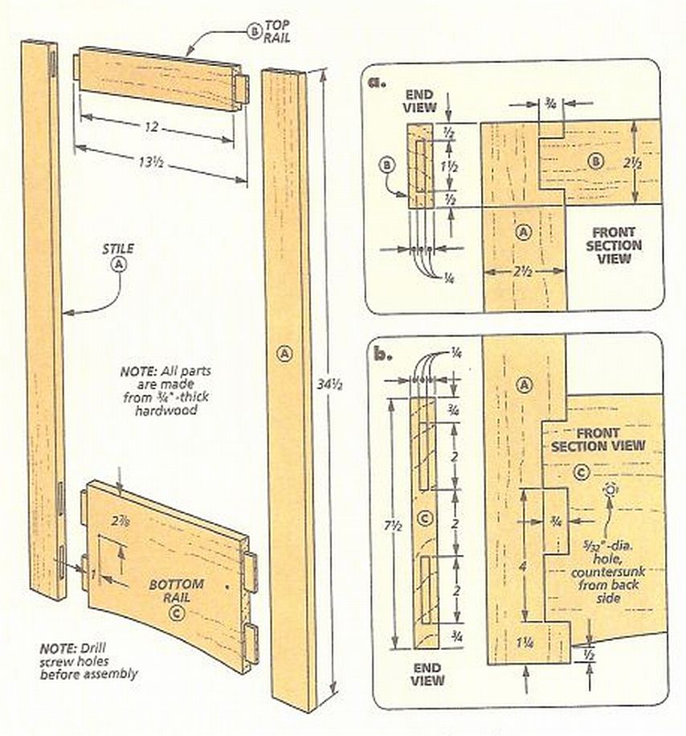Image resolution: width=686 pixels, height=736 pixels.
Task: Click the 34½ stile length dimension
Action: [x=330, y=384]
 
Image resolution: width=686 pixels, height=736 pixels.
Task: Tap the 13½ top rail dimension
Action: [x=150, y=162]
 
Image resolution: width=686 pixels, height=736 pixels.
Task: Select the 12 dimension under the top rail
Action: [x=150, y=127]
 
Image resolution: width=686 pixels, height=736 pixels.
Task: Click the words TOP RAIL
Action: [x=276, y=31]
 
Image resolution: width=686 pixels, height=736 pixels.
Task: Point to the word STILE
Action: [x=118, y=249]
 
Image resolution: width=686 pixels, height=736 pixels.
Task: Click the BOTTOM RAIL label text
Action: [x=176, y=591]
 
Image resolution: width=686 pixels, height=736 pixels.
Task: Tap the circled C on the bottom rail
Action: [x=177, y=614]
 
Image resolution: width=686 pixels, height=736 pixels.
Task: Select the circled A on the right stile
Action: [x=284, y=353]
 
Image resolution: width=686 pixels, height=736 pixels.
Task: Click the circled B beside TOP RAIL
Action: [x=254, y=31]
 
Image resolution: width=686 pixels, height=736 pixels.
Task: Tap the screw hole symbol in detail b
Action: [x=610, y=490]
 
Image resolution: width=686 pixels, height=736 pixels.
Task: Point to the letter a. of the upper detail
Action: [x=377, y=82]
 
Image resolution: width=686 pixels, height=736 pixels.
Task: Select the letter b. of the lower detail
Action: [x=382, y=353]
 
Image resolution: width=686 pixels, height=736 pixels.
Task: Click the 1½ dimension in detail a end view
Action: [x=449, y=166]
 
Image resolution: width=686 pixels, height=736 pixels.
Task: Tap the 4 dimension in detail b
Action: [x=523, y=567]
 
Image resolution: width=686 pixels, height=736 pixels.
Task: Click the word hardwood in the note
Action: [x=165, y=409]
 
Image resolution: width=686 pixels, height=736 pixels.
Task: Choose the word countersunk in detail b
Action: [x=608, y=572]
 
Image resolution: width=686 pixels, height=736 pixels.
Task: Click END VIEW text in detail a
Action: [x=419, y=101]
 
